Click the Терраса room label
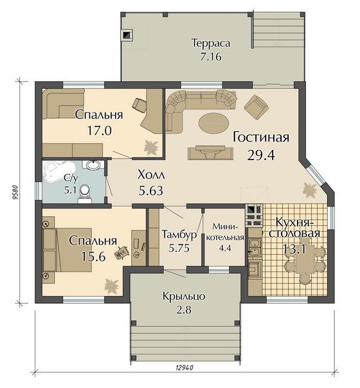[x=211, y=43]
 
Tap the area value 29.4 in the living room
[x=261, y=155]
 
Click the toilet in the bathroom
[x=85, y=194]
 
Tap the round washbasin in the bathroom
[x=93, y=165]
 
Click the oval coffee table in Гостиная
[x=214, y=123]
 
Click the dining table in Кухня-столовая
[x=305, y=259]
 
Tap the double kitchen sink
[x=254, y=248]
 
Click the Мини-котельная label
[x=225, y=232]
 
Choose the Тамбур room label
[x=179, y=234]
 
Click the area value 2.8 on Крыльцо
[x=184, y=309]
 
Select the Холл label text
[x=151, y=175]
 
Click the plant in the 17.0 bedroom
[x=151, y=147]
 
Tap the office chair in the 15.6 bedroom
[x=122, y=253]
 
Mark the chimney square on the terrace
[x=127, y=35]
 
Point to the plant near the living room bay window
[x=310, y=190]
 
